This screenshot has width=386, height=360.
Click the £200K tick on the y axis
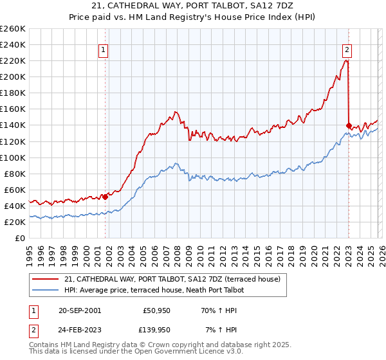pyautogui.click(x=13, y=76)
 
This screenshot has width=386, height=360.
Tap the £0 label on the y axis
pyautogui.click(x=19, y=238)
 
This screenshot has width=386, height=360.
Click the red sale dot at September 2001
pyautogui.click(x=106, y=197)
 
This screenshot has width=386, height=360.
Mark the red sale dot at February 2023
pyautogui.click(x=349, y=125)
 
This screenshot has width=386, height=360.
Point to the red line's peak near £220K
pyautogui.click(x=346, y=60)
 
